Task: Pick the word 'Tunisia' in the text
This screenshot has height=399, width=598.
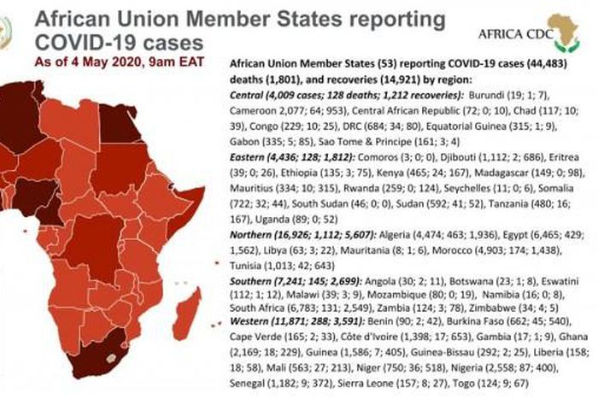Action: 251,266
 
